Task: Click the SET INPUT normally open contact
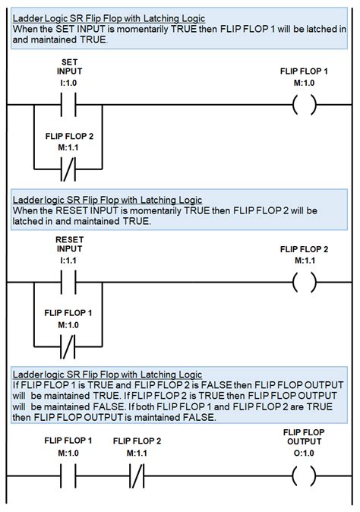(68, 105)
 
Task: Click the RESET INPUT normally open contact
(68, 282)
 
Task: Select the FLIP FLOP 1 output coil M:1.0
(305, 105)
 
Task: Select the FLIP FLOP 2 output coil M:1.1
(305, 282)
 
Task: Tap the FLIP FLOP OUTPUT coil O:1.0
(305, 476)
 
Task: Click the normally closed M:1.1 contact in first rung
(68, 169)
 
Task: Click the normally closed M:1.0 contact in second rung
(68, 346)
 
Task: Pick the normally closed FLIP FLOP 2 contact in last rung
(137, 476)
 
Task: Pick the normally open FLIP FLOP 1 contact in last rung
(68, 476)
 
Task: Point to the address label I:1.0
(68, 83)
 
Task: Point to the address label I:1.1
(68, 261)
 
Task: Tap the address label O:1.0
(304, 453)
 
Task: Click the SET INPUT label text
(70, 67)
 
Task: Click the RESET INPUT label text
(70, 245)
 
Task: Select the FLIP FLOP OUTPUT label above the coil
(304, 437)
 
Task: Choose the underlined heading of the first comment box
(109, 19)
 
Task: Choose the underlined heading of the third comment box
(107, 375)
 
